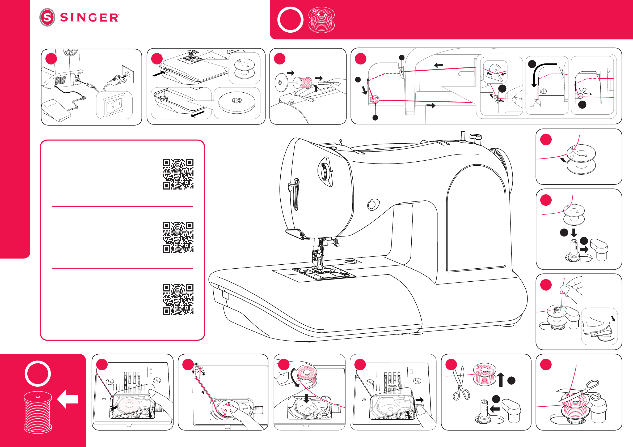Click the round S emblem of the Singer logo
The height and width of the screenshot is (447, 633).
click(47, 17)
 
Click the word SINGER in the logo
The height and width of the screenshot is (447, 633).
click(89, 18)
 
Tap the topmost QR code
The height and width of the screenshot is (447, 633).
click(178, 174)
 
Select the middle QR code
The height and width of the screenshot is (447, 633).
click(178, 237)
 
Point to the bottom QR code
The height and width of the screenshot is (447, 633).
click(178, 299)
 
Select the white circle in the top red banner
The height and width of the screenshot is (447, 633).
click(290, 20)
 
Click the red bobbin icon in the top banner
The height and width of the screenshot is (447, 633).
click(321, 20)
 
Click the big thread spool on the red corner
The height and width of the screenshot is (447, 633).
click(38, 412)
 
